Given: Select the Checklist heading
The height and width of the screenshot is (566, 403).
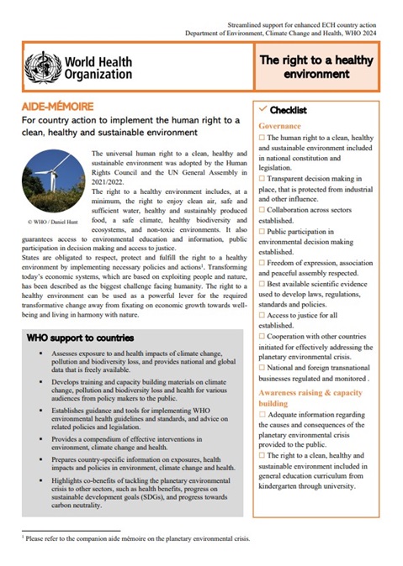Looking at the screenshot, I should (x=288, y=110).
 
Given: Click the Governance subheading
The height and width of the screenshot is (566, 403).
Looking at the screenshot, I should (x=280, y=125).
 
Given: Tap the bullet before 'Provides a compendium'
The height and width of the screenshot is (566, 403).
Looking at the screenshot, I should (x=53, y=438).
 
